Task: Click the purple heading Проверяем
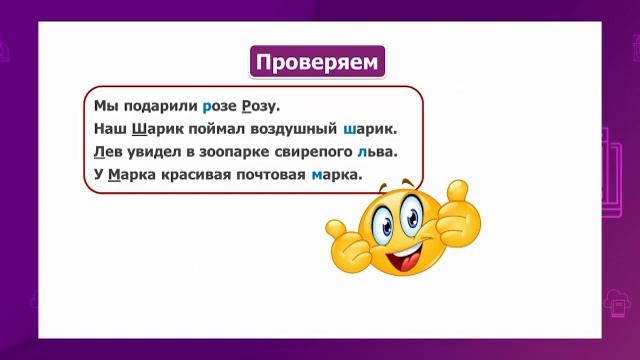click(317, 62)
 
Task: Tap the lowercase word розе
click(220, 105)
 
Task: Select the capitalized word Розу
click(262, 105)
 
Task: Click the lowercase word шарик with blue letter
click(369, 129)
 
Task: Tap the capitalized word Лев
click(108, 152)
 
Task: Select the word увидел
click(157, 152)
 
